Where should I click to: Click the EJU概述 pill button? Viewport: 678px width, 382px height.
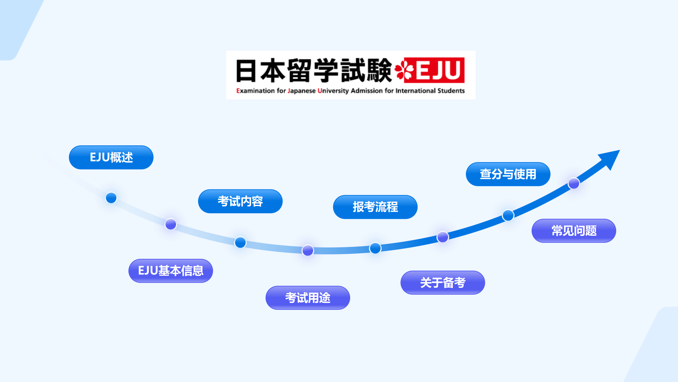[x=111, y=157]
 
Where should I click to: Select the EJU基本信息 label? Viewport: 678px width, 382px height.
[x=171, y=271]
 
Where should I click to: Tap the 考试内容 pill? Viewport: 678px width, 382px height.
[x=240, y=201]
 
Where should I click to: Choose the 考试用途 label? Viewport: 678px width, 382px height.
[x=308, y=298]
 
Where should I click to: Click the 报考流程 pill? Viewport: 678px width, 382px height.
[x=375, y=207]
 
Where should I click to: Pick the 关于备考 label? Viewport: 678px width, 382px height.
[x=443, y=283]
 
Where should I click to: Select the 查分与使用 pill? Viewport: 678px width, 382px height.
[x=508, y=174]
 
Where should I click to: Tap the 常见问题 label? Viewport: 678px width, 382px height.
[x=574, y=231]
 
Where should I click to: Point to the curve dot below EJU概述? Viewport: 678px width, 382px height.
[x=111, y=198]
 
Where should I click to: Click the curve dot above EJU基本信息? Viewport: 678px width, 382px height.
[x=171, y=224]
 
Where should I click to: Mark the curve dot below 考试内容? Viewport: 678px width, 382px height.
[x=240, y=242]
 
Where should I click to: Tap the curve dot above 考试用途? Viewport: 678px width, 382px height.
[x=308, y=250]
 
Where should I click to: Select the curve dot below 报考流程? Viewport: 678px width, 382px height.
[x=375, y=248]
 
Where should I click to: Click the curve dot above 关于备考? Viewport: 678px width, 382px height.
[x=443, y=237]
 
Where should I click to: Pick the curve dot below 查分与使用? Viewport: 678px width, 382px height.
[x=508, y=215]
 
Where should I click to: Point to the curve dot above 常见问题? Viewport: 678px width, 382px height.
[x=574, y=183]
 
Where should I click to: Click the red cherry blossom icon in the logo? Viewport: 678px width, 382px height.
[x=404, y=70]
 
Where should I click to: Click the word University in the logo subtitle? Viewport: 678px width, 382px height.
[x=333, y=91]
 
